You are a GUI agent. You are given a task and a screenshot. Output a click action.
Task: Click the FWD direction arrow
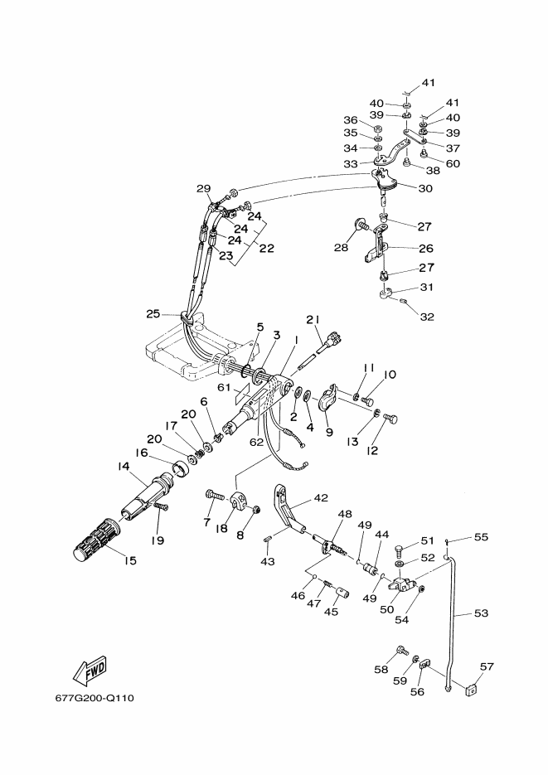click(90, 671)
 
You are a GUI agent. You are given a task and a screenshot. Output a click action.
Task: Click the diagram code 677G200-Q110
click(95, 699)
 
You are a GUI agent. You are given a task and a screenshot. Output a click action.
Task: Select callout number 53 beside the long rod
click(481, 613)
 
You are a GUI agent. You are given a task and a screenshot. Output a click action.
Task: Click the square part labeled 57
click(473, 689)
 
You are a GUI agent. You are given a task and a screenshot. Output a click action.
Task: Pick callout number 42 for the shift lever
click(321, 497)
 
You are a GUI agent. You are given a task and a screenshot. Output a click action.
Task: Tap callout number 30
click(425, 188)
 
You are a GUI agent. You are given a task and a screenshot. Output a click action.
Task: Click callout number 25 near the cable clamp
click(153, 313)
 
